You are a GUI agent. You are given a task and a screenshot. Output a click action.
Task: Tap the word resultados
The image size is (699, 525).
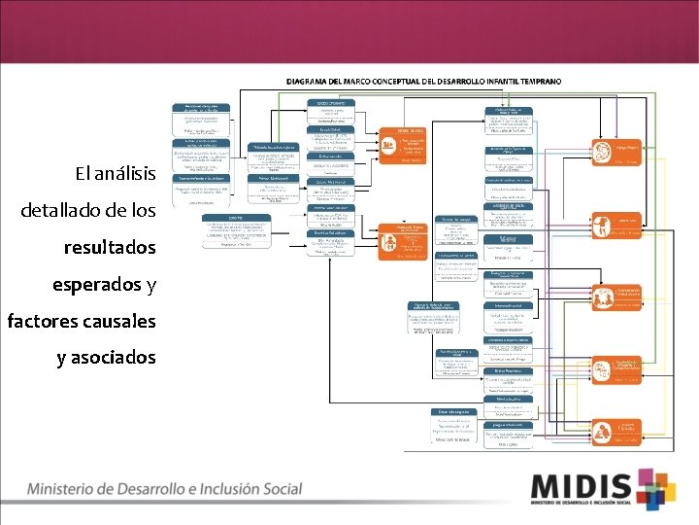[x=110, y=248]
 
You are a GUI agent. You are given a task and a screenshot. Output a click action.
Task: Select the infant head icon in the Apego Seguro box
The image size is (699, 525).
[x=601, y=150]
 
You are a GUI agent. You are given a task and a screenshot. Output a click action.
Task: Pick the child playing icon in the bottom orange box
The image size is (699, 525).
[x=601, y=429]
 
